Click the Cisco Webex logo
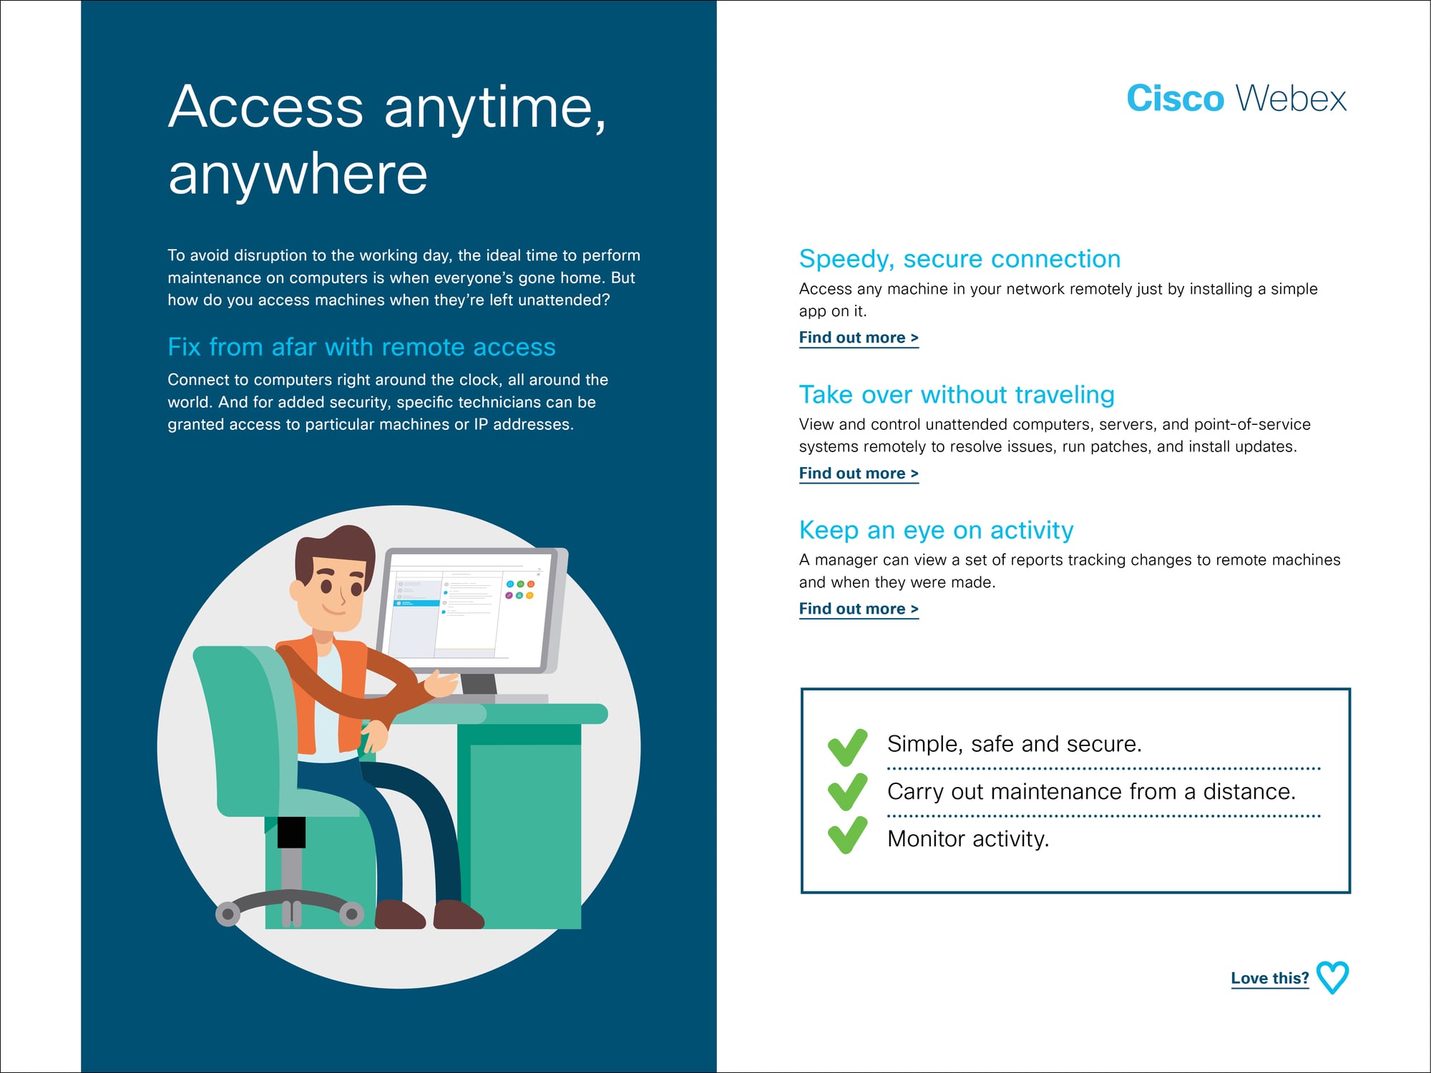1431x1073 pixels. click(1236, 98)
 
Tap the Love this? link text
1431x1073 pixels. click(1270, 978)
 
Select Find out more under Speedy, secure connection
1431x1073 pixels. click(859, 338)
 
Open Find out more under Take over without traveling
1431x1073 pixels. click(859, 474)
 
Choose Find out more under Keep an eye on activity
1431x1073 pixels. click(859, 609)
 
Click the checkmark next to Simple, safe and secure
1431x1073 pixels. click(847, 748)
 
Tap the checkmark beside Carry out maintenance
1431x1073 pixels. click(847, 792)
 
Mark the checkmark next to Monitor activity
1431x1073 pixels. click(847, 836)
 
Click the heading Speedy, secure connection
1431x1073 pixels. click(959, 259)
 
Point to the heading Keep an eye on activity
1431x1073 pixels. click(936, 530)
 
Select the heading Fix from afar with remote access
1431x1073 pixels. click(361, 347)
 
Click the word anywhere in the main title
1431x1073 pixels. click(298, 175)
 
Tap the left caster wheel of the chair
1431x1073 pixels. click(228, 913)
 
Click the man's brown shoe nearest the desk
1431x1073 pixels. click(458, 915)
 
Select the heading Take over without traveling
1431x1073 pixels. click(957, 395)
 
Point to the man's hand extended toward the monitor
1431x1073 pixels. click(441, 683)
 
